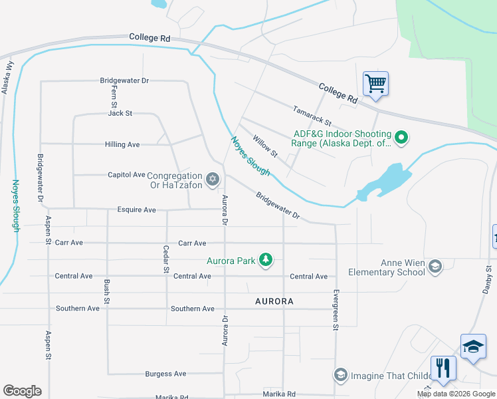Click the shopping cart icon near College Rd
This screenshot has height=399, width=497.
[375, 84]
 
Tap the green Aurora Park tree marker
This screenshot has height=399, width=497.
[266, 259]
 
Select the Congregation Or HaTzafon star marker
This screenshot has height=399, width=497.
[213, 178]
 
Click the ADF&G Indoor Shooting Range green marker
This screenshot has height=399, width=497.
[401, 138]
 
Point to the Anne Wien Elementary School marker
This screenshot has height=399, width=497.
[435, 267]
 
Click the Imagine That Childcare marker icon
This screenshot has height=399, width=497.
[341, 376]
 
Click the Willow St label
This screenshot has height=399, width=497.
[264, 146]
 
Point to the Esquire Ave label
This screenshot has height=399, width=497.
[136, 210]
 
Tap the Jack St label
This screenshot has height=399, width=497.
[120, 113]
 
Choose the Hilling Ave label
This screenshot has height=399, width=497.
[122, 144]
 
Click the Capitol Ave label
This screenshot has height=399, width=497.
[126, 175]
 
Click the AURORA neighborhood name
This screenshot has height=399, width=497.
[274, 301]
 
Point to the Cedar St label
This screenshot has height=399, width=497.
[166, 260]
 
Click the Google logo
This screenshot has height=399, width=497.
[22, 391]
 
